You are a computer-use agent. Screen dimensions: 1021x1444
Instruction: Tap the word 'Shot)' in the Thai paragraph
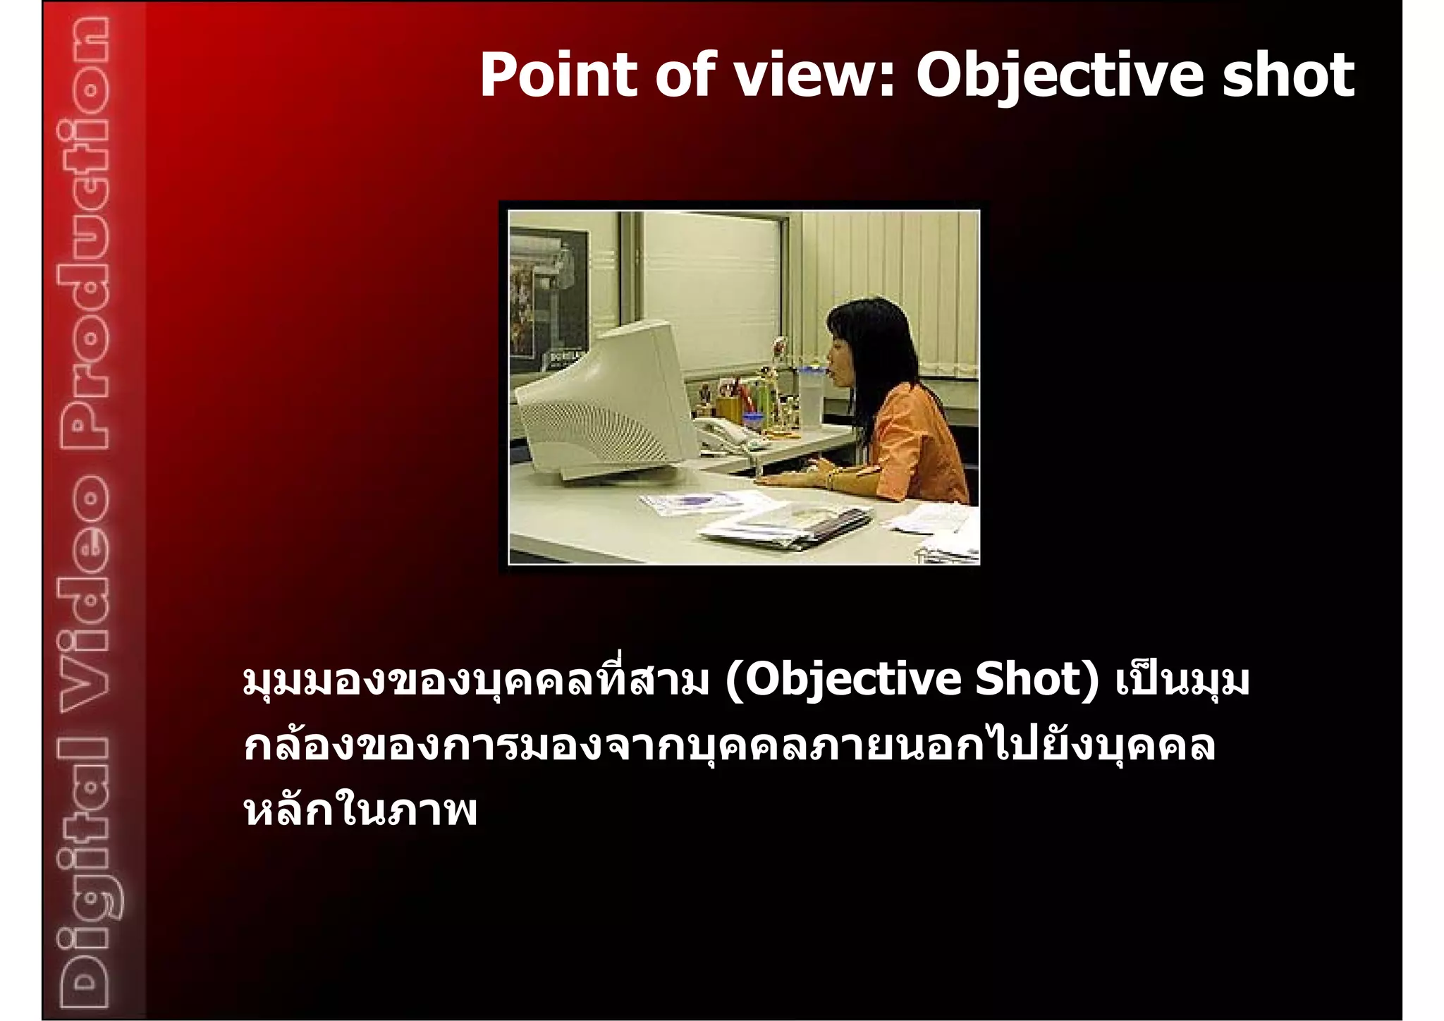point(1036,680)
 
